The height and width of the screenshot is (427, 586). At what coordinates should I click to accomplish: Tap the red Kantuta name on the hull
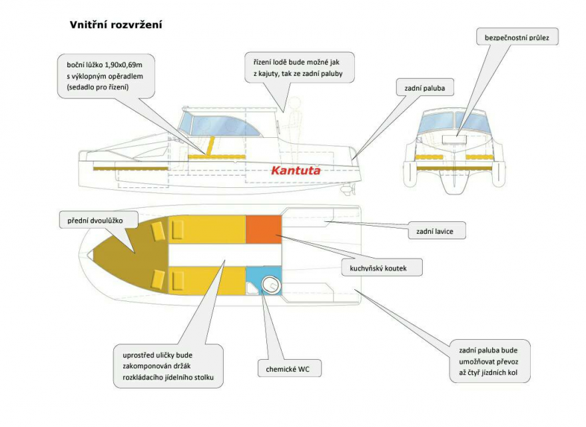click(x=296, y=171)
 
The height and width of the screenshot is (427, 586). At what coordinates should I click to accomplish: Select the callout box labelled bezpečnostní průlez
click(x=517, y=39)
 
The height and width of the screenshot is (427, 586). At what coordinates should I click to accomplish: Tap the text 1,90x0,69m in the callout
click(x=127, y=63)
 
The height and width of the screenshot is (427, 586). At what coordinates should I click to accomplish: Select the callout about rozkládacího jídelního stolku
click(x=168, y=366)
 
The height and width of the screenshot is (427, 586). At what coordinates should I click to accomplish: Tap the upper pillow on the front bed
click(x=158, y=230)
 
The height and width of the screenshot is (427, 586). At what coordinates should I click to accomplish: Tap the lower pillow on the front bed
click(x=158, y=278)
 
